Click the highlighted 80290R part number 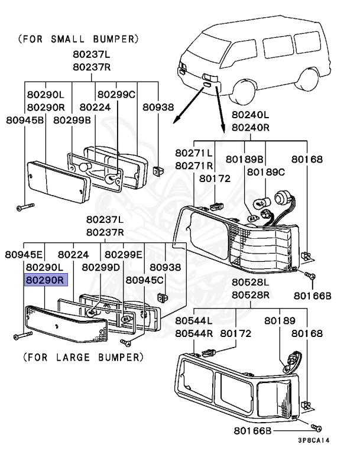click(x=46, y=280)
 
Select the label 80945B click(x=25, y=120)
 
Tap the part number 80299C click(x=116, y=94)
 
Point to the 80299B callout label click(x=72, y=120)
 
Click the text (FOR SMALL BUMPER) click(x=79, y=40)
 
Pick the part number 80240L click(x=250, y=114)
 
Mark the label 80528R click(x=251, y=294)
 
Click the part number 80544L click(x=194, y=320)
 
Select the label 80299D click(x=100, y=267)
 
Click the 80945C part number click(x=145, y=280)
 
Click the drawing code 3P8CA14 click(x=314, y=440)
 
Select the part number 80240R click(x=250, y=127)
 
